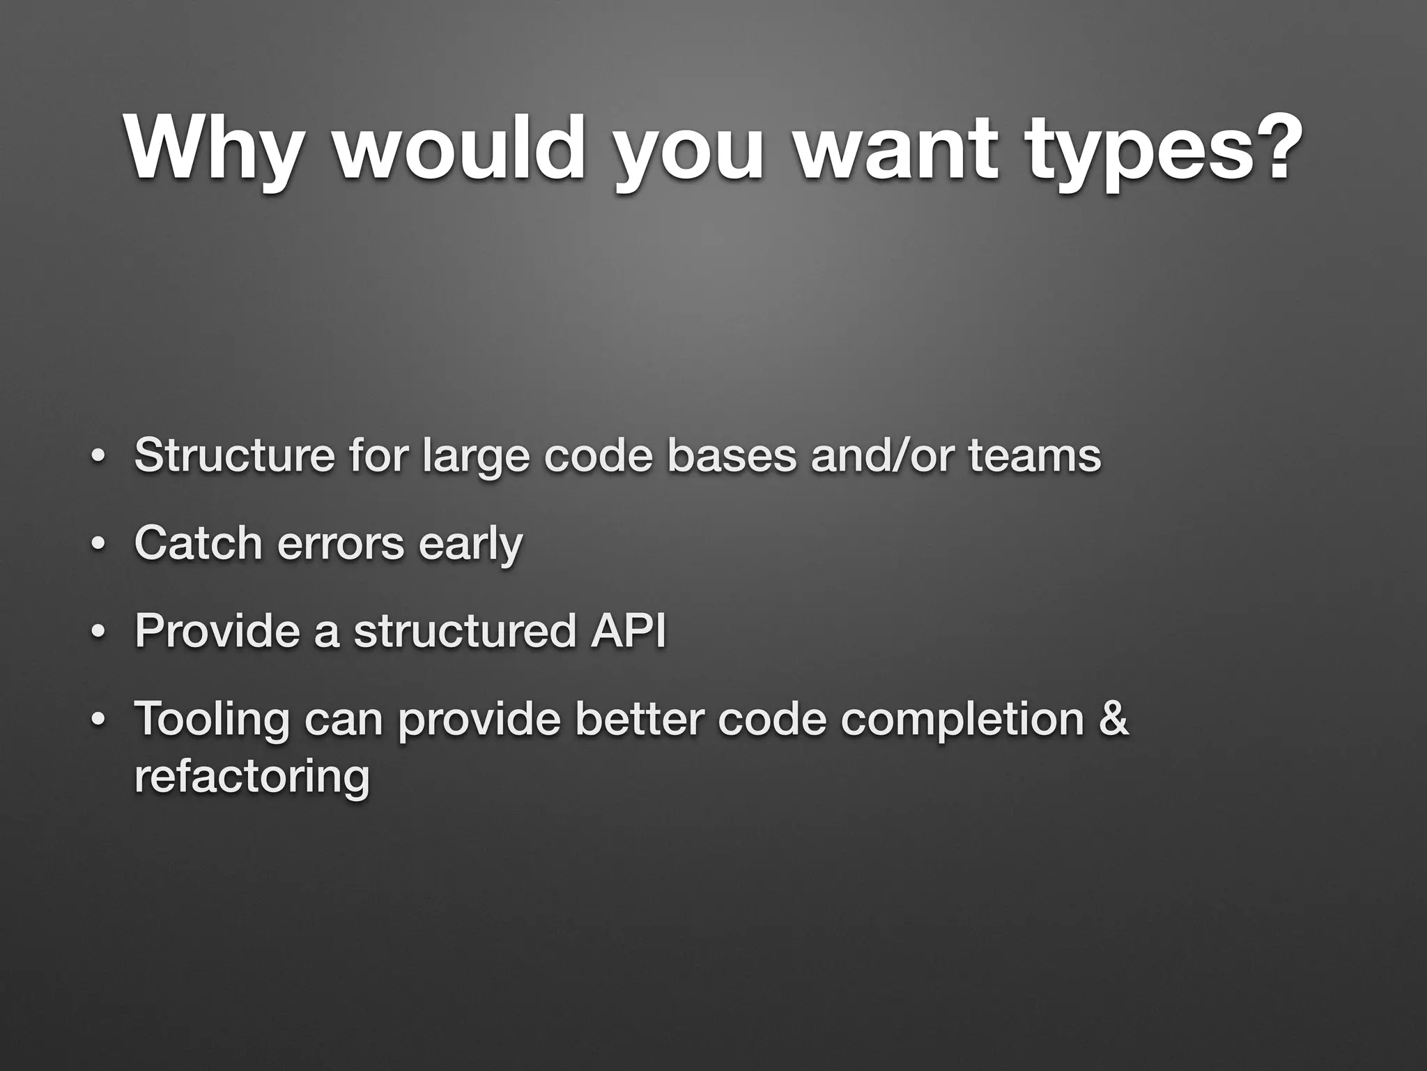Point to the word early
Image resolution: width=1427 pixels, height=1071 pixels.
(x=470, y=544)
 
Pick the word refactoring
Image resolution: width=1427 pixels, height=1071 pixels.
(x=252, y=777)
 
